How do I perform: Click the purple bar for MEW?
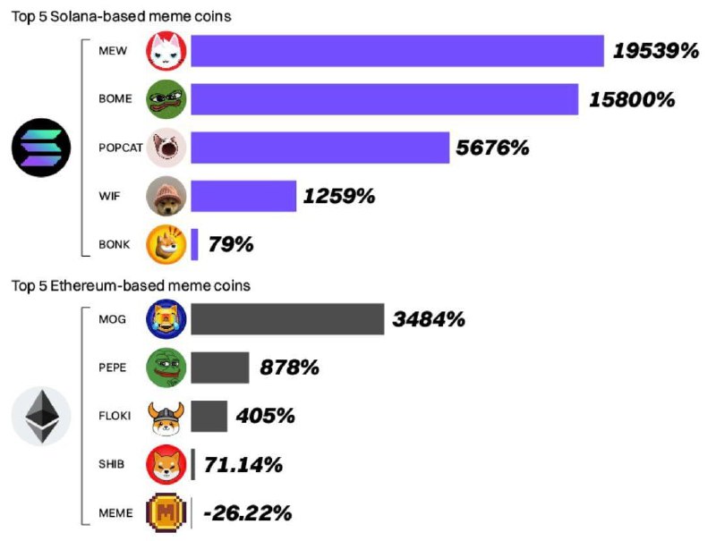tap(396, 51)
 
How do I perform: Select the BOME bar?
tap(384, 98)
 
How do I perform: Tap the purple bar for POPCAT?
tap(320, 148)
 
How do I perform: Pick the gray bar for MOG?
tap(287, 318)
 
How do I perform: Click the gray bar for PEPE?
tap(220, 367)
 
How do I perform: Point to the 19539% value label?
tap(655, 51)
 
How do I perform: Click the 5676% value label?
tap(492, 148)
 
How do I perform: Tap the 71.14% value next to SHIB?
tap(243, 465)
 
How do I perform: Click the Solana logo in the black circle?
tap(41, 147)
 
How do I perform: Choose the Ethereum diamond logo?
tap(41, 417)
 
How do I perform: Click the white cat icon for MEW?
tap(166, 51)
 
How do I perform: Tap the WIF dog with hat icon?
tap(166, 196)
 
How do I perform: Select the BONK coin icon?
tap(166, 244)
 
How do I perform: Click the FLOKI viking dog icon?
tap(166, 416)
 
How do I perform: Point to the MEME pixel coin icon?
tap(166, 513)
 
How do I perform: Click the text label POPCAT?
tap(120, 148)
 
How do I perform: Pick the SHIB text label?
tap(113, 464)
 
